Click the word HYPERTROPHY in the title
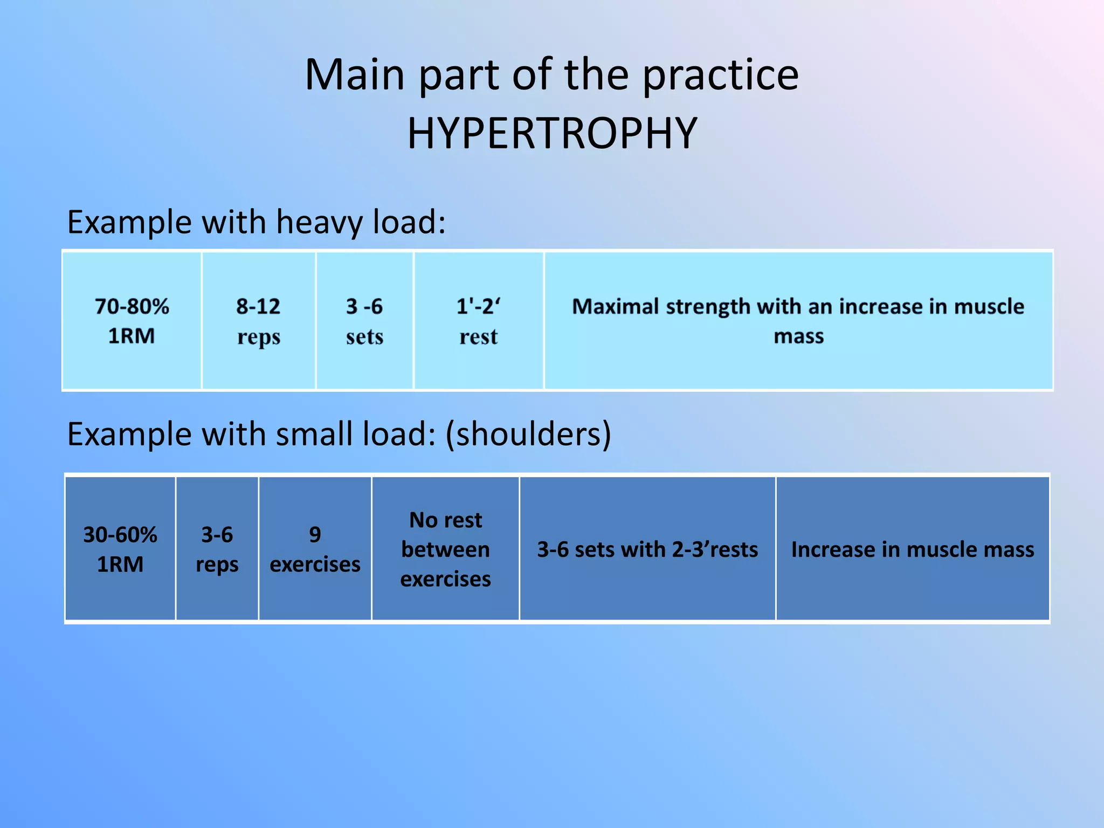click(552, 133)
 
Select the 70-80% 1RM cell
click(132, 321)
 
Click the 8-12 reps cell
click(258, 321)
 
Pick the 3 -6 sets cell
click(364, 321)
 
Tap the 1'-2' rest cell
click(478, 321)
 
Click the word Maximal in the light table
click(615, 306)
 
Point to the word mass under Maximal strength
click(798, 336)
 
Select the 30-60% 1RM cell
click(120, 549)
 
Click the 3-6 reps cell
click(217, 549)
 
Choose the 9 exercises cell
click(315, 549)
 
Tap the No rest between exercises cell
click(445, 549)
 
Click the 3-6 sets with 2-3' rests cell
click(647, 549)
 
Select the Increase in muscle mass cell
click(912, 549)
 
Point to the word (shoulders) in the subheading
click(528, 434)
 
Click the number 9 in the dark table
click(315, 534)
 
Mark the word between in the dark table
click(445, 549)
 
